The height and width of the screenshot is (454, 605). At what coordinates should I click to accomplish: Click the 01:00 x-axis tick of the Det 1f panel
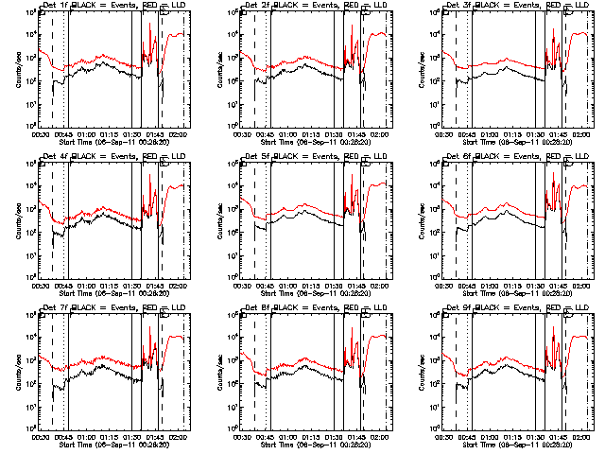point(86,132)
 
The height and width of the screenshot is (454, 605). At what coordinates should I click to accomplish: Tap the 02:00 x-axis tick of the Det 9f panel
point(582,435)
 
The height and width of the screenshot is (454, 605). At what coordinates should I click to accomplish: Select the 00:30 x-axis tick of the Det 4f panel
point(40,284)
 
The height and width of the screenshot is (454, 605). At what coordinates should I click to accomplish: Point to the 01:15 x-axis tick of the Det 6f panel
point(513,284)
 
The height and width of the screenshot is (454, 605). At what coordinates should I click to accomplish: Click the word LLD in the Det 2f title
point(377,5)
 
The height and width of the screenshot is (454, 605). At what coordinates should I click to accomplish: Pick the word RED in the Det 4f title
point(149,156)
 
